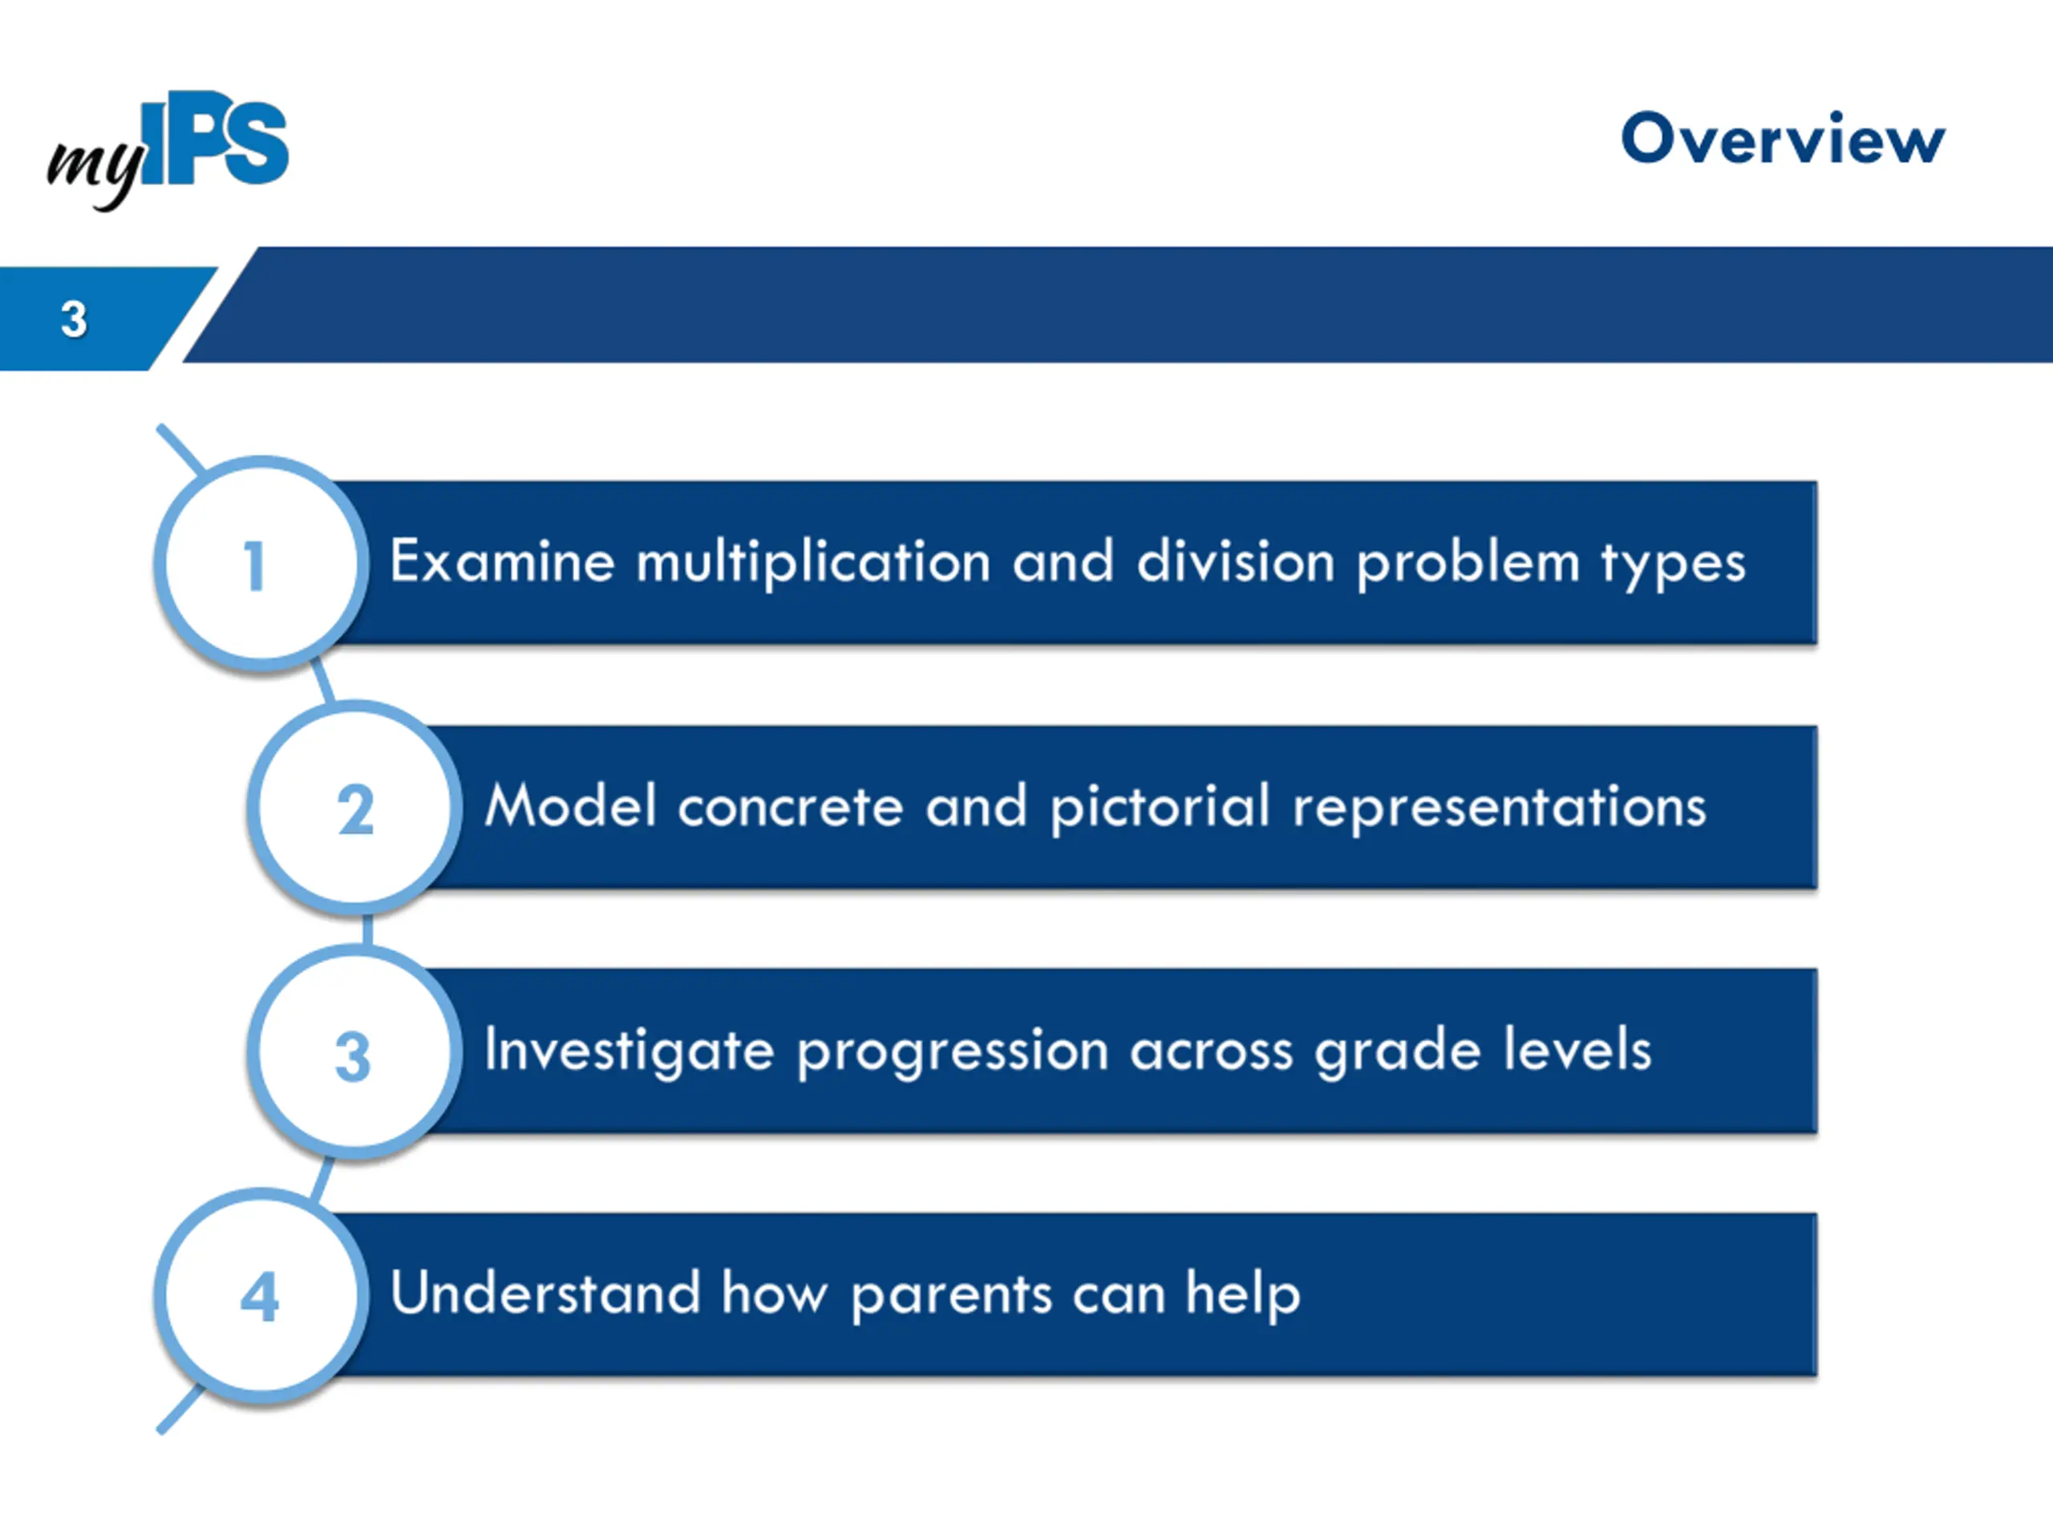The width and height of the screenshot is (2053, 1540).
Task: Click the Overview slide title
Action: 1782,140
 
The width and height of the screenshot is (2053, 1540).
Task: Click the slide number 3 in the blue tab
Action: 73,319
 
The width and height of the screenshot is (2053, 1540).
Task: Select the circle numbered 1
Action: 261,563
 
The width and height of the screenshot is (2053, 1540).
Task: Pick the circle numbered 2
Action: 354,808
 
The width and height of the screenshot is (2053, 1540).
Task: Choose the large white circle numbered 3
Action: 354,1052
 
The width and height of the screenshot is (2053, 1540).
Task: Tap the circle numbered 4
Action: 261,1297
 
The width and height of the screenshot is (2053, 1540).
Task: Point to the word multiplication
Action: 814,562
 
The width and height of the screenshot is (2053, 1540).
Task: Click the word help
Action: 1243,1295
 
